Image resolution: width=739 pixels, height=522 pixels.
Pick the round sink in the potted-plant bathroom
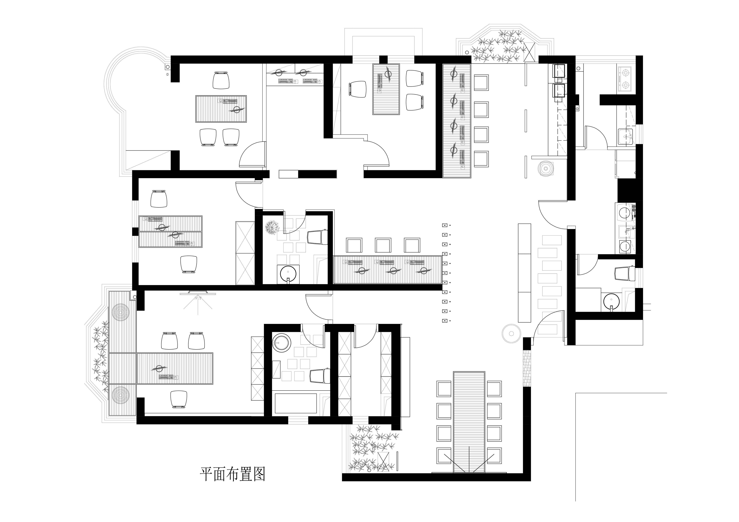288,274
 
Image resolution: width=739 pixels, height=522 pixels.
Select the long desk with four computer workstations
457,121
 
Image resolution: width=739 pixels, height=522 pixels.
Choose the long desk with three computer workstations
387,269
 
